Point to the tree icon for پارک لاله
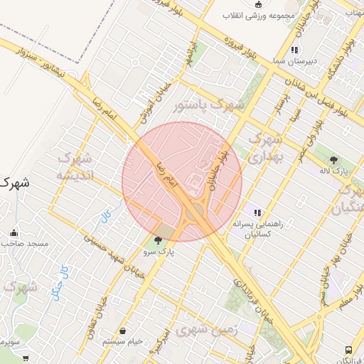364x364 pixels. tap(334, 160)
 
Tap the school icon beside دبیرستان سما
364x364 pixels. tap(294, 50)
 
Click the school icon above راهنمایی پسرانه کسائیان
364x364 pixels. tap(257, 212)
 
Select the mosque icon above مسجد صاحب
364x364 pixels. tap(14, 232)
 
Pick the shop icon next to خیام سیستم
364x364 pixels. tap(124, 331)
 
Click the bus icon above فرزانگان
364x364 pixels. tap(348, 350)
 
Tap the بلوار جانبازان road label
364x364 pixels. tap(219, 171)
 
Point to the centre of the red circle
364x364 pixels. tap(182, 182)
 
